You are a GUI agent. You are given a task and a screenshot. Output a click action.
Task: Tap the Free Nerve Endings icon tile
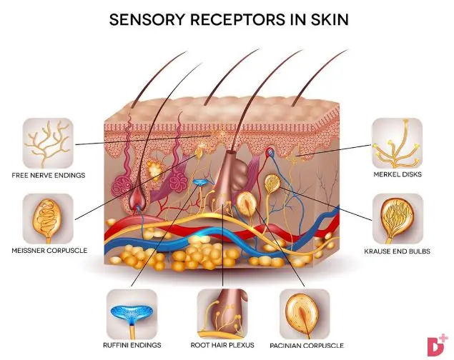[x=48, y=144]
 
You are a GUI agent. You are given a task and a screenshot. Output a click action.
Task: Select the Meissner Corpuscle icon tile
[x=47, y=217]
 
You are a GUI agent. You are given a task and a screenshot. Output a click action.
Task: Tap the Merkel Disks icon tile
[x=397, y=144]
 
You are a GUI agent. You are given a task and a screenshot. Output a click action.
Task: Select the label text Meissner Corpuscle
[x=49, y=251]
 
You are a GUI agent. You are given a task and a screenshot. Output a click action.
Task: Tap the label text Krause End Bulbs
[x=398, y=251]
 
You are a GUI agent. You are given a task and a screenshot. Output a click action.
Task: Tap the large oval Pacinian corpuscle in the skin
[x=245, y=205]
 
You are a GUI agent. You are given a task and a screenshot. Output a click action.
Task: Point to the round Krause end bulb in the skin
[x=271, y=184]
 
